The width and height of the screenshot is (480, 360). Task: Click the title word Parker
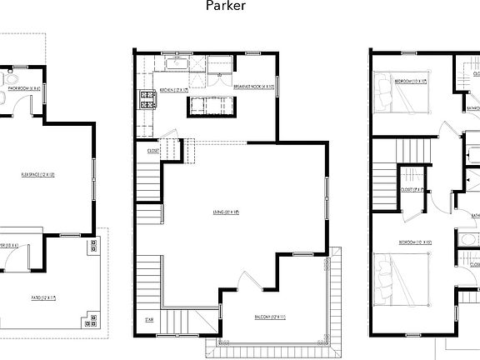click(x=226, y=7)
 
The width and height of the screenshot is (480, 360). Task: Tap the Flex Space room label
click(x=37, y=175)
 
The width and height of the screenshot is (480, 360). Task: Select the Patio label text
click(x=43, y=297)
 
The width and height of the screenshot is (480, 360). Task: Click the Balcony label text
click(x=270, y=317)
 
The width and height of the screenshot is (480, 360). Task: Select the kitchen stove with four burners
click(x=148, y=99)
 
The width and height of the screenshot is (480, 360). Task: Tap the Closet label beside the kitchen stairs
click(x=153, y=151)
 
